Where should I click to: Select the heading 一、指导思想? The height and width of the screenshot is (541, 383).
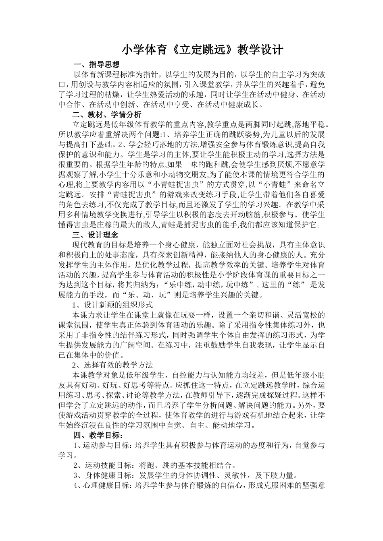pyautogui.click(x=96, y=64)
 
